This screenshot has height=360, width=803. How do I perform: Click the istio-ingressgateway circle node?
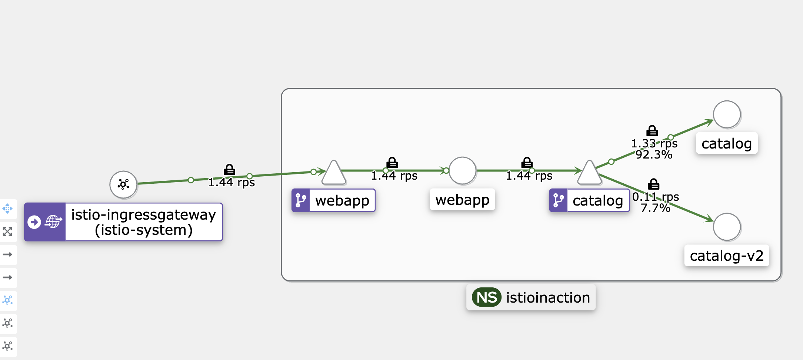(123, 184)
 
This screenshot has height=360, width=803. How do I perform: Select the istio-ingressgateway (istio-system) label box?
(144, 222)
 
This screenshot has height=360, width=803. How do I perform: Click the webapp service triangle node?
(334, 174)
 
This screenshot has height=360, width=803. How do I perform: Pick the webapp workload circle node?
(462, 171)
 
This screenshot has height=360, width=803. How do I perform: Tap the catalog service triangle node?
(589, 174)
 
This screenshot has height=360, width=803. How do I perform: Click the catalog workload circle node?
(727, 114)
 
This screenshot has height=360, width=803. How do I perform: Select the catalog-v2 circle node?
(727, 227)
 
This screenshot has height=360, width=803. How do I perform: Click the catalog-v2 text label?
(727, 256)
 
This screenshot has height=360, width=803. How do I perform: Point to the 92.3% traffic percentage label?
(654, 155)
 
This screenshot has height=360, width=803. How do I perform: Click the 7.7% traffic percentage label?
(655, 208)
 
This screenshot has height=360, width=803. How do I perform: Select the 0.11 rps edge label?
(655, 197)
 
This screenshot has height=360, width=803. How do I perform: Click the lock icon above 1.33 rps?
(652, 131)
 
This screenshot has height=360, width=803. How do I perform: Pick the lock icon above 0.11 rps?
(654, 184)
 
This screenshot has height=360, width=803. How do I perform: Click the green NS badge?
(486, 297)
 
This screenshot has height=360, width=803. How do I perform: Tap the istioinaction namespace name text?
(548, 298)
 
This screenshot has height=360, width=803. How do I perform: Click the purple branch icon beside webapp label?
(301, 200)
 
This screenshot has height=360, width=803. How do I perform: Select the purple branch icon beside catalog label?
(558, 200)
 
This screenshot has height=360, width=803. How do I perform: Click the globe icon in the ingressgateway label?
(53, 222)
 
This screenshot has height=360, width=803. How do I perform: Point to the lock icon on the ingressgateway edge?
(229, 170)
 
